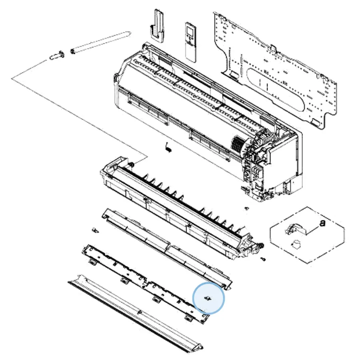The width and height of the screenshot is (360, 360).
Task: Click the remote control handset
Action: (191, 42)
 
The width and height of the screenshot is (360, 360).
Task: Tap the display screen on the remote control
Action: (191, 30)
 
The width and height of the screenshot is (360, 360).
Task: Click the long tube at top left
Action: (101, 42)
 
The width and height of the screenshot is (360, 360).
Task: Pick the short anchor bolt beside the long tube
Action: (57, 55)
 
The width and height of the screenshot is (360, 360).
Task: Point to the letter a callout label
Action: (322, 223)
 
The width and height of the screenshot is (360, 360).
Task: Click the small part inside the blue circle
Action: (208, 298)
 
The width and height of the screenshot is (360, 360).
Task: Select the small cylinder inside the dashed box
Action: (296, 244)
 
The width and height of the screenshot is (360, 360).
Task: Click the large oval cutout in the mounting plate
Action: (276, 88)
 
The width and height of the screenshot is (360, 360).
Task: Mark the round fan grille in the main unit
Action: (238, 144)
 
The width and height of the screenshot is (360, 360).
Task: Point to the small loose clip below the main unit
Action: (168, 147)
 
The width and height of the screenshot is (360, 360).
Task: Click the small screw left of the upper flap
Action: (95, 230)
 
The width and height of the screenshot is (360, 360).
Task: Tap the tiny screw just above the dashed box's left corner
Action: (247, 208)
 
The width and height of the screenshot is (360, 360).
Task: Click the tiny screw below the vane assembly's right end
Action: (263, 259)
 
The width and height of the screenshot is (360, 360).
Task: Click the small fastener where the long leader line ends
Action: (132, 164)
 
